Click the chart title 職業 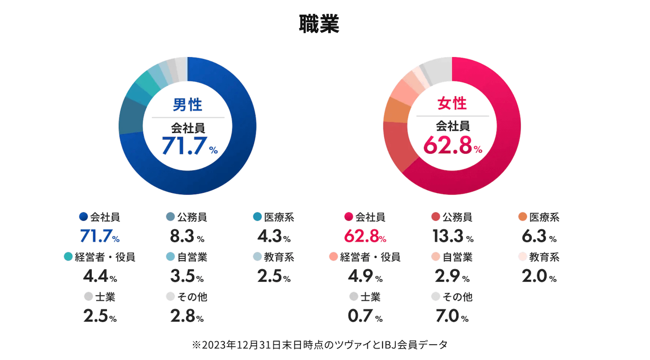[319, 24]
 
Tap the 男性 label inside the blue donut [188, 105]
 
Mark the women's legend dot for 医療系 [523, 217]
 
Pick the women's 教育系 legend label [544, 257]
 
